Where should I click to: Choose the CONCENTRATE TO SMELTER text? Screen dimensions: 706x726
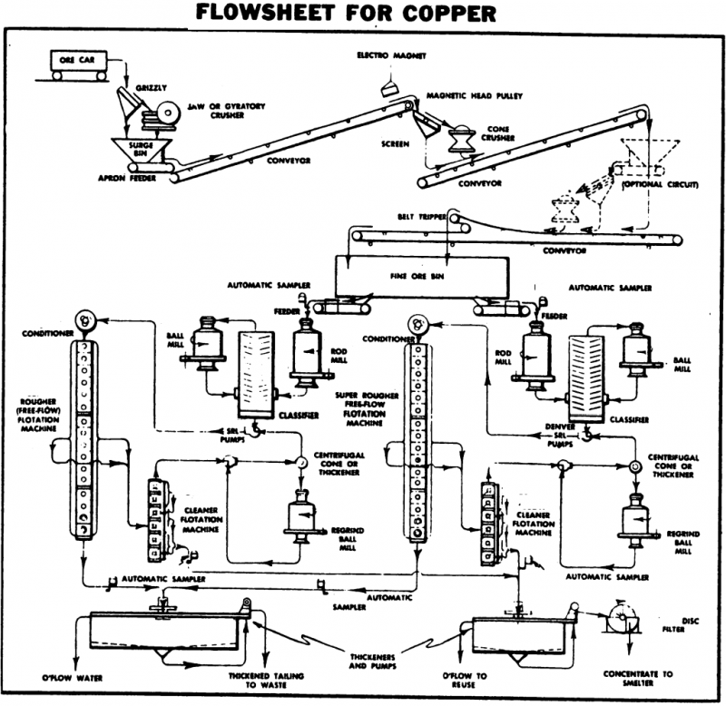(638, 680)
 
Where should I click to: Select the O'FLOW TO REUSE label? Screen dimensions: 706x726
(466, 681)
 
